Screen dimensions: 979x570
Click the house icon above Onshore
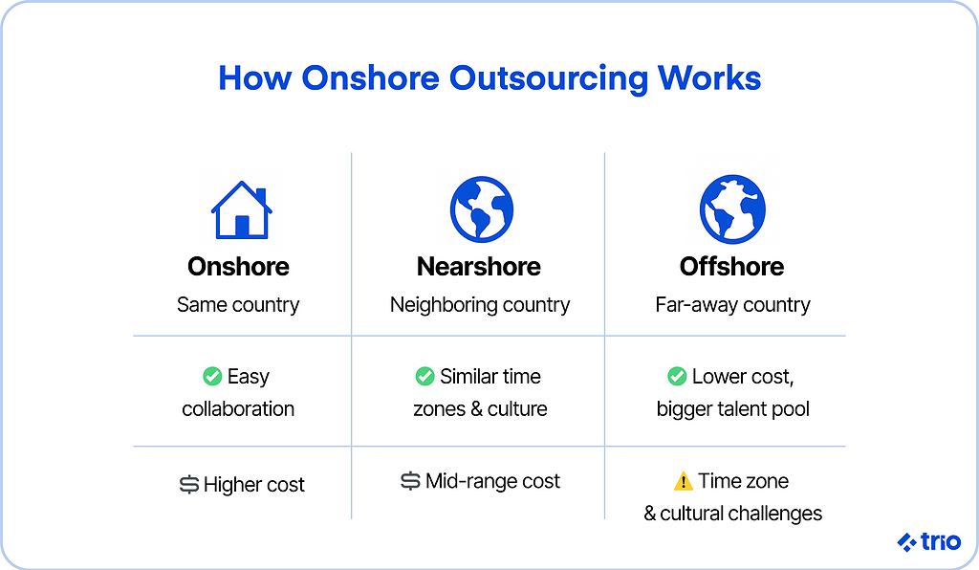tap(242, 210)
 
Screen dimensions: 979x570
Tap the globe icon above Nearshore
tap(482, 209)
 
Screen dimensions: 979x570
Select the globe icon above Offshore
tap(732, 209)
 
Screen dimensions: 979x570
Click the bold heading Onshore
tap(238, 267)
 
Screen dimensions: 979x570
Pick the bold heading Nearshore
tap(479, 267)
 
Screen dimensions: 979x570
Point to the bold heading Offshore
tap(731, 267)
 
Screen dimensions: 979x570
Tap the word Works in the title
tap(710, 78)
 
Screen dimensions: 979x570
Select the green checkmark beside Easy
tap(212, 377)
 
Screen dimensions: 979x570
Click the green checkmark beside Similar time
tap(425, 377)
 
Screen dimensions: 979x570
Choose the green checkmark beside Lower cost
tap(677, 377)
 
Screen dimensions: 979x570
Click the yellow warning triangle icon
tap(683, 481)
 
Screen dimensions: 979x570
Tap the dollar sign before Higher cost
tap(189, 485)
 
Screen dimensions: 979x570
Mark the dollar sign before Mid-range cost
tap(410, 481)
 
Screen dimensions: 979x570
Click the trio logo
tap(928, 541)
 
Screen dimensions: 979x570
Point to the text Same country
tap(238, 305)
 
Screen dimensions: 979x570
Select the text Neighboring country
tap(480, 305)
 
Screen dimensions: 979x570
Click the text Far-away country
tap(732, 305)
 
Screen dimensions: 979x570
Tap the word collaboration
tap(238, 409)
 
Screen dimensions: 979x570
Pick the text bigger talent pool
tap(733, 409)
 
